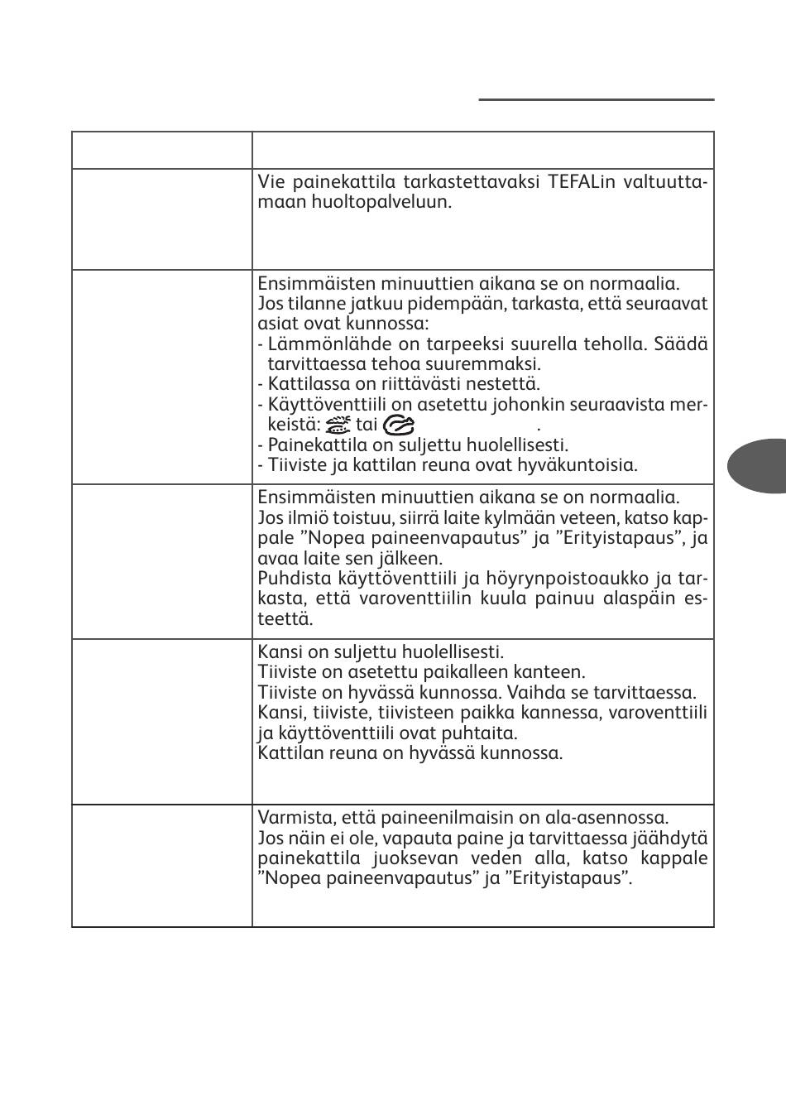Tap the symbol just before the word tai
click(338, 425)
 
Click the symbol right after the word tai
click(400, 425)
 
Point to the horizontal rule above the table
click(596, 100)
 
